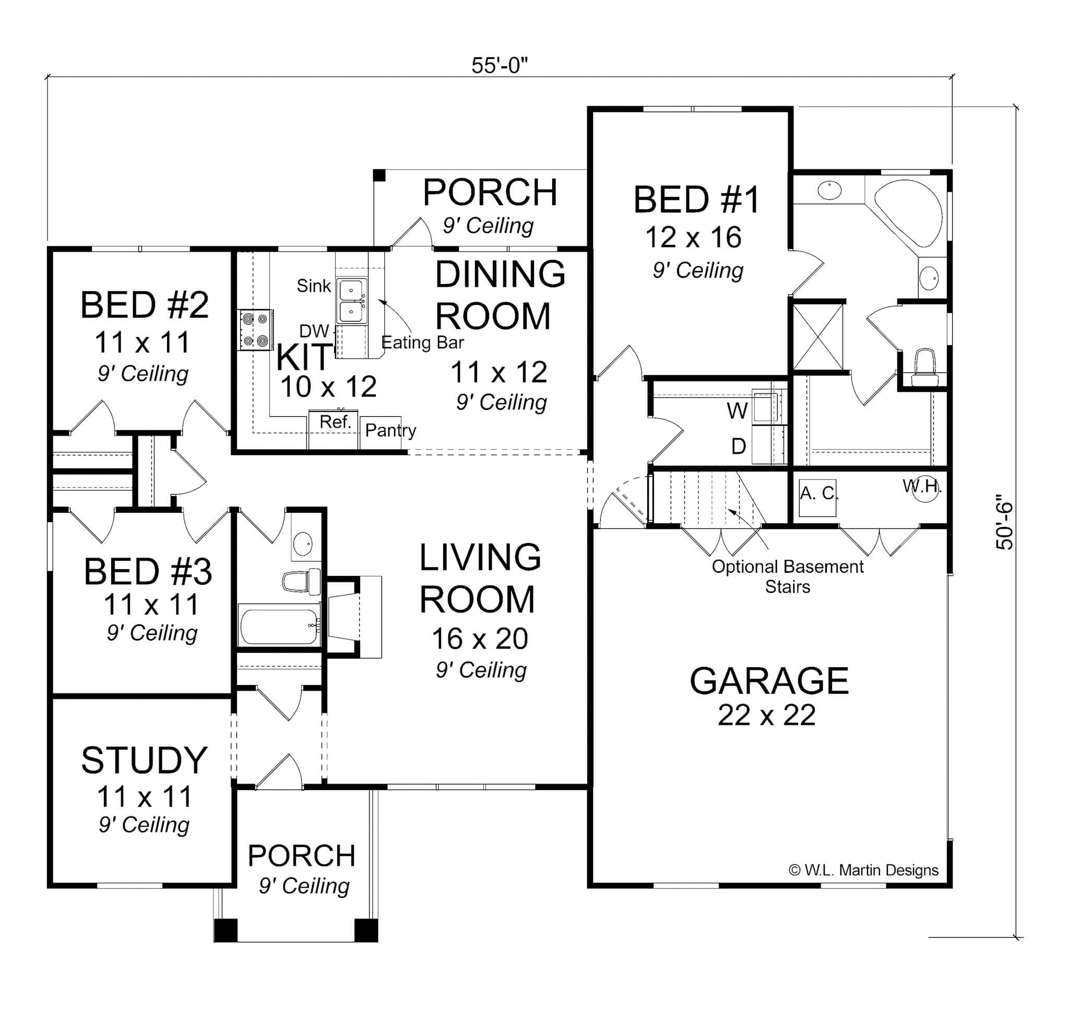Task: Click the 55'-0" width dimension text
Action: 499,65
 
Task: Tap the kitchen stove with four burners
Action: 255,330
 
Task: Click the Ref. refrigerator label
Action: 335,422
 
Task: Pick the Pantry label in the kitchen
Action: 390,430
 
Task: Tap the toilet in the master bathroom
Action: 925,367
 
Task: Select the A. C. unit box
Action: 817,497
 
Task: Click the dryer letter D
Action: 739,446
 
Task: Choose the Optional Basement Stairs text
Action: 787,576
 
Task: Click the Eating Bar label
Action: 422,343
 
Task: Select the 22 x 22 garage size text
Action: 766,715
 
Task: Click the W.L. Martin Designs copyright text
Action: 863,870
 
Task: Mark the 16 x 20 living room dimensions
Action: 479,639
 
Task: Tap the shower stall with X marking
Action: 818,336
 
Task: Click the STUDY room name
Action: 144,760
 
